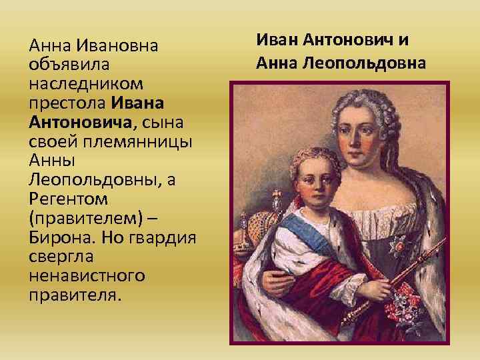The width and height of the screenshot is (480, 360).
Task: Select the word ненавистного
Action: coord(84,276)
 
